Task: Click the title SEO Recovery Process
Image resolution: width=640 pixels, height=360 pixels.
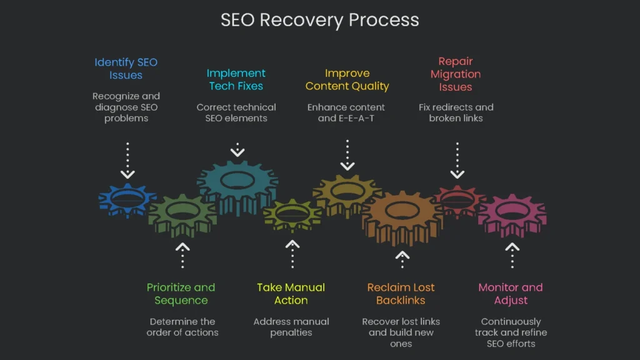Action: pyautogui.click(x=319, y=19)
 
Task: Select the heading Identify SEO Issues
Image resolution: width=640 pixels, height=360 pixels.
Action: pyautogui.click(x=126, y=69)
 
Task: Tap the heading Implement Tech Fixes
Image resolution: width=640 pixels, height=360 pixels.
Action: pyautogui.click(x=236, y=80)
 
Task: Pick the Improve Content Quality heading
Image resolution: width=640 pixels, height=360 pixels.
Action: pyautogui.click(x=347, y=80)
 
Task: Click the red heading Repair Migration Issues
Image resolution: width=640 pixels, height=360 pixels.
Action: pyautogui.click(x=455, y=74)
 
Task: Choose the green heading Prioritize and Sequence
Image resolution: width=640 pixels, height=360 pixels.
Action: pyautogui.click(x=181, y=294)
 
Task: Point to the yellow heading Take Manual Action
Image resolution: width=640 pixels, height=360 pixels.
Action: pyautogui.click(x=291, y=294)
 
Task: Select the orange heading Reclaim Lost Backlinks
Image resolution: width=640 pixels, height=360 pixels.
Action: pyautogui.click(x=401, y=294)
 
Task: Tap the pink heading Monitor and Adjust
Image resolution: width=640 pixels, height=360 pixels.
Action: pyautogui.click(x=511, y=294)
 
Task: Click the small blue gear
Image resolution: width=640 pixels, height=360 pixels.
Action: pyautogui.click(x=127, y=201)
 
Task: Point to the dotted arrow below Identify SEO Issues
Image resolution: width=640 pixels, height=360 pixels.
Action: pyautogui.click(x=127, y=161)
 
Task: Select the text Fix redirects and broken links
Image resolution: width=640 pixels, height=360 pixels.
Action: pyautogui.click(x=456, y=112)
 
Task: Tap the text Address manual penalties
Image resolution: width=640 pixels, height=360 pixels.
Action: pyautogui.click(x=291, y=327)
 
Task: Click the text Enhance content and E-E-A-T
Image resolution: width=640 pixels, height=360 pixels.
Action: pyautogui.click(x=346, y=112)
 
